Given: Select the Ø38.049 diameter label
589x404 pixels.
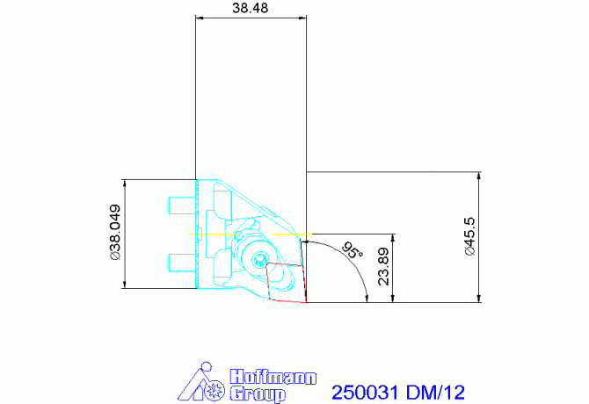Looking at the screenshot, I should tap(115, 234).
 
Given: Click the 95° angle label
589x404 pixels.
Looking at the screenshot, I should tap(352, 250).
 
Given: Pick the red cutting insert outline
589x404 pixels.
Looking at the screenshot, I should tap(286, 282).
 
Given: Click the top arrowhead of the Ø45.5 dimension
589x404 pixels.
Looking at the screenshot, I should tap(479, 176).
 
